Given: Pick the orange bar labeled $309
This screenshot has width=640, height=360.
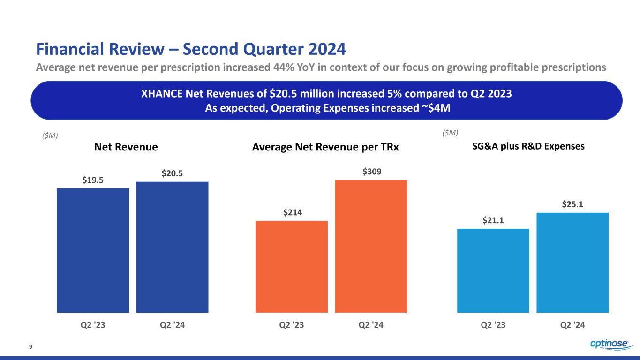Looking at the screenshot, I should [371, 246].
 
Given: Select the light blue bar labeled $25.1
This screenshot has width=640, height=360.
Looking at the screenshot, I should [572, 262].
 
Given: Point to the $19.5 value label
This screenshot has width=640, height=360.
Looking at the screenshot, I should [93, 180].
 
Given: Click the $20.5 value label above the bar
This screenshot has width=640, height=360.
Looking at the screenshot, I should [172, 174].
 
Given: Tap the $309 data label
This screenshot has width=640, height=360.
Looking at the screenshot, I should [371, 172].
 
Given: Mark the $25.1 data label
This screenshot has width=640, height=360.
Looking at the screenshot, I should [572, 205].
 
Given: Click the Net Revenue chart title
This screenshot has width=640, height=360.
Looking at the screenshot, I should [126, 147].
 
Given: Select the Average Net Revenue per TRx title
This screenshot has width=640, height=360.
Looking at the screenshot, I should [325, 147].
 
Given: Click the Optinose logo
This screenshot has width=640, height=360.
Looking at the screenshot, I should [609, 345].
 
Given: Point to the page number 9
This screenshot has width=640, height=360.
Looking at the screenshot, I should [30, 347].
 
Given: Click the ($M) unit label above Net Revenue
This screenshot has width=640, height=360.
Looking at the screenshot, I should [47, 135].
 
